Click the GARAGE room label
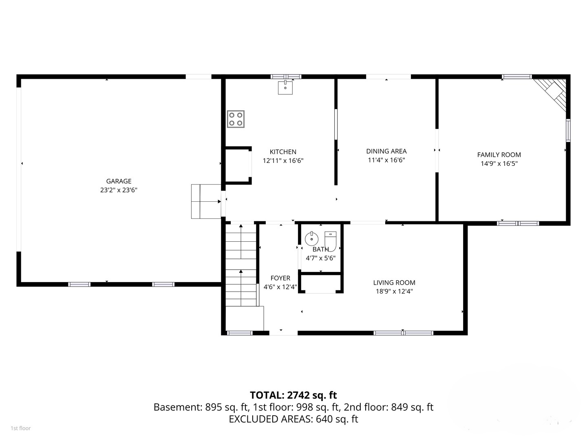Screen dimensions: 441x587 tap(119, 181)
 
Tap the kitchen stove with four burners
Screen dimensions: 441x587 tap(236, 119)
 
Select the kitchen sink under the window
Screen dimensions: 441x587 tap(285, 87)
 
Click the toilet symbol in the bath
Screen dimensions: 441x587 tap(330, 241)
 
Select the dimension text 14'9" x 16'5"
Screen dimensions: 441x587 tap(499, 164)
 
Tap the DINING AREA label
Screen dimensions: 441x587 tap(386, 151)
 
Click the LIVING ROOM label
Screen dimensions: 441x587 tap(394, 283)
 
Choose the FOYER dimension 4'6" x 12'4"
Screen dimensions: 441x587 tap(280, 287)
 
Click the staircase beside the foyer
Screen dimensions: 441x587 tap(241, 265)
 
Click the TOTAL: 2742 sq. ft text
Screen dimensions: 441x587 tap(293, 395)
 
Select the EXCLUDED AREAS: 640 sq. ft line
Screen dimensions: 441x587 tap(293, 419)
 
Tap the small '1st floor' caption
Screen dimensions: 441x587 tap(20, 428)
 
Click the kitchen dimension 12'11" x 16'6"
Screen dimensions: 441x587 tap(283, 161)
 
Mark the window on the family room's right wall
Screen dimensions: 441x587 tap(568, 130)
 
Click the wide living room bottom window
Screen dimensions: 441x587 tap(403, 333)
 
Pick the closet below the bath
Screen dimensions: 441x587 tap(320, 283)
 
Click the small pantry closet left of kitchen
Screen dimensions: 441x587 tap(237, 165)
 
